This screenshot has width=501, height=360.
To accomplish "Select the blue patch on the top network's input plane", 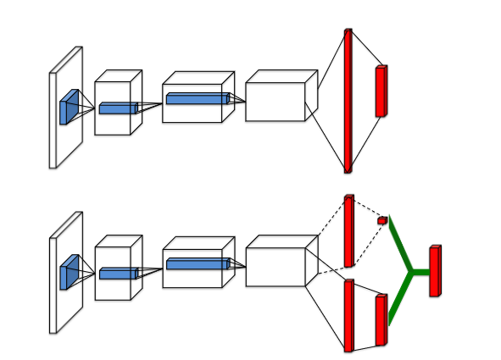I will tap(69, 108).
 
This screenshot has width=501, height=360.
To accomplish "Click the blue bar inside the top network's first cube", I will tap(118, 108).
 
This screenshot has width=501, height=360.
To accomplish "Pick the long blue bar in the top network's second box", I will tap(197, 99).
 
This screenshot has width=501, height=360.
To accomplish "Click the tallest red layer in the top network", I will tap(348, 101).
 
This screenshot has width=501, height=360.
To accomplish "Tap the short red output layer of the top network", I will tap(381, 91).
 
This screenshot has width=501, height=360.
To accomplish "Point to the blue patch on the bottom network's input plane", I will tap(69, 273).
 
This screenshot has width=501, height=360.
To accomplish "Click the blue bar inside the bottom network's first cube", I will tap(118, 274).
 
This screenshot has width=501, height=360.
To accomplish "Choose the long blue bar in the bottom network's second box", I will tap(197, 264).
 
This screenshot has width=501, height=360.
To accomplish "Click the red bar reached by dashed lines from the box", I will tap(348, 231).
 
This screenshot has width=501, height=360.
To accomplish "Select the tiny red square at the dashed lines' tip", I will tap(382, 221).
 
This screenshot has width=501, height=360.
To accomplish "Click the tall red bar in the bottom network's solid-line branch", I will tap(348, 315).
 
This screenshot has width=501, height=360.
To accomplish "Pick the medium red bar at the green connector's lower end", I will tap(381, 321).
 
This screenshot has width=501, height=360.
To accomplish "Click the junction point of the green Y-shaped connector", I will tap(411, 272).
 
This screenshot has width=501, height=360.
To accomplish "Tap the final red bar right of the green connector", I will tap(435, 271).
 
